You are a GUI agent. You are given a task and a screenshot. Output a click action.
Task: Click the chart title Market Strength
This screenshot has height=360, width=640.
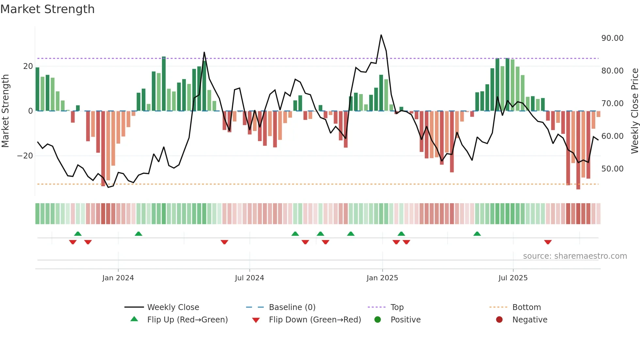[x=47, y=9]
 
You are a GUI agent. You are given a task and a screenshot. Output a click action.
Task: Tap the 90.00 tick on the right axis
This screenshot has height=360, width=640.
[x=612, y=38]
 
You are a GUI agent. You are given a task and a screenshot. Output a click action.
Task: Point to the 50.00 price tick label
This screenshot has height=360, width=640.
[x=612, y=169]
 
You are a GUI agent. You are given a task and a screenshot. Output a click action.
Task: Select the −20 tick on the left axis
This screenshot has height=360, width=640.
[x=25, y=156]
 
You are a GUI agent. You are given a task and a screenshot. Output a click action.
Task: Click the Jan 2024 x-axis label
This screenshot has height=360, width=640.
[x=118, y=278]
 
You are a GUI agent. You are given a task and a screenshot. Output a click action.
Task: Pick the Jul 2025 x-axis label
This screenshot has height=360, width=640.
[x=513, y=278]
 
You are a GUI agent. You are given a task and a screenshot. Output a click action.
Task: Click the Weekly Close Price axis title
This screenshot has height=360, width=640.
[x=634, y=111]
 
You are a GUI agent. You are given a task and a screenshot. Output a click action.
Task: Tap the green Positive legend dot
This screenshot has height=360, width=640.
[x=378, y=320]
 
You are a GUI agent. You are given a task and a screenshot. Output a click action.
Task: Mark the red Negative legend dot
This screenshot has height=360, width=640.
[x=499, y=320]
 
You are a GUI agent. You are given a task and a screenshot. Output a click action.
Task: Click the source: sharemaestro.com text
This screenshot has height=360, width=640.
[x=575, y=256]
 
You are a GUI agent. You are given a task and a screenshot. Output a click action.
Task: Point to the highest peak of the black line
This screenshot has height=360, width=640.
[x=381, y=35]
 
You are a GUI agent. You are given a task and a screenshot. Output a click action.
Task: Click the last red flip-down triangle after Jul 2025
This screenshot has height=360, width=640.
[x=548, y=242]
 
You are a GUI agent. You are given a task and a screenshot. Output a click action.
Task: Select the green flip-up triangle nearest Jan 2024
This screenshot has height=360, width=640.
[x=138, y=234]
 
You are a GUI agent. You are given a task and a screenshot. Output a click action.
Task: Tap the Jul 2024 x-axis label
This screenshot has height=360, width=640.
[x=249, y=278]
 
